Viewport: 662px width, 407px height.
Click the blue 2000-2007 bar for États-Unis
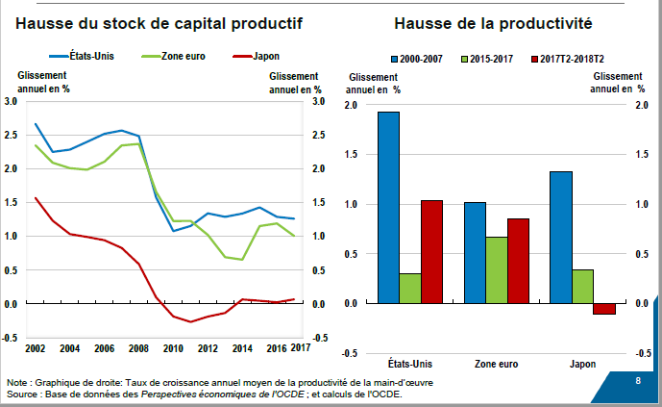pyautogui.click(x=388, y=207)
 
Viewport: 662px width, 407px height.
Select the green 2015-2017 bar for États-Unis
pyautogui.click(x=410, y=288)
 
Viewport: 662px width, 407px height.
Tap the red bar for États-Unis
pyautogui.click(x=432, y=251)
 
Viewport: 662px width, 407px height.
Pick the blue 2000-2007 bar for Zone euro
pyautogui.click(x=475, y=252)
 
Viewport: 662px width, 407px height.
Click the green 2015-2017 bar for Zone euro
pyautogui.click(x=497, y=269)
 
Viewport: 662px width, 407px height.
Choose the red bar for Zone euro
pyautogui.click(x=519, y=261)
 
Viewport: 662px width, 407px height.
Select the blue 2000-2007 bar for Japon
pyautogui.click(x=561, y=237)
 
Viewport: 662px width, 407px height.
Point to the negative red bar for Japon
pyautogui.click(x=604, y=309)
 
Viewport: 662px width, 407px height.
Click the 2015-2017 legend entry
pyautogui.click(x=489, y=60)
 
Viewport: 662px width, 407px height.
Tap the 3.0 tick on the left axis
pyautogui.click(x=12, y=101)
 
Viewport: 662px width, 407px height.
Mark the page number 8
pyautogui.click(x=638, y=382)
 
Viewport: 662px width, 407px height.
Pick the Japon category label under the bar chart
pyautogui.click(x=582, y=365)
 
